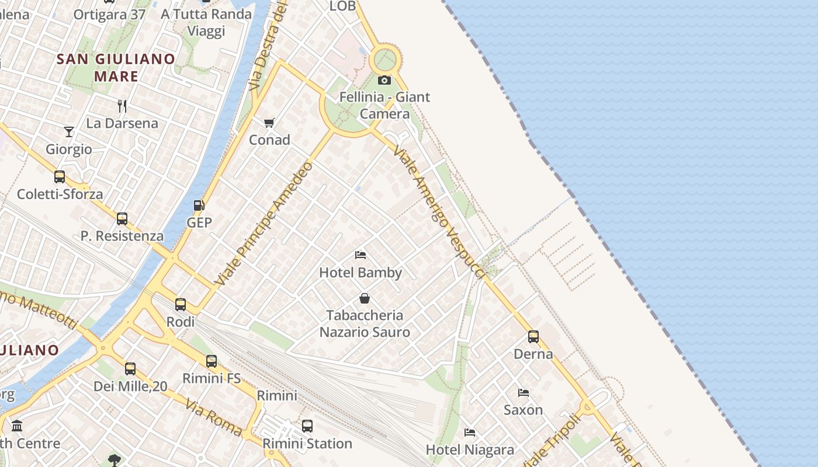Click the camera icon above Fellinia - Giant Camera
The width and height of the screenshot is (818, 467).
384,80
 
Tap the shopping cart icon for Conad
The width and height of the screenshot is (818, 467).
269,123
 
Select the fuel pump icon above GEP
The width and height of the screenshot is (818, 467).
199,205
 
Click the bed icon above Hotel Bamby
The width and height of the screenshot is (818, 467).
361,255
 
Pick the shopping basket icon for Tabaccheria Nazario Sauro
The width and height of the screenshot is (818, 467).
365,298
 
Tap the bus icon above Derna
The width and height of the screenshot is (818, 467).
533,337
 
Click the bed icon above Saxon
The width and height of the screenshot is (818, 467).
524,393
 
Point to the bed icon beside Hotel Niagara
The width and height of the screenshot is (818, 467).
470,433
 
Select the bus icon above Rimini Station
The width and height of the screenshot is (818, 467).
307,426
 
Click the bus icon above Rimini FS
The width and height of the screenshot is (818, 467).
212,361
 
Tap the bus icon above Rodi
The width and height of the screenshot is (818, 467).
181,304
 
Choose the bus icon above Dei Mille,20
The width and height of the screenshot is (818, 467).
130,369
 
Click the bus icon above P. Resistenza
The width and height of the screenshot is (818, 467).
122,219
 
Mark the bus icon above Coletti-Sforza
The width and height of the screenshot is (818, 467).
60,177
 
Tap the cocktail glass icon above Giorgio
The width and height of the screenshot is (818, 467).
69,132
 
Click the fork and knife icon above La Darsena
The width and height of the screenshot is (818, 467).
122,106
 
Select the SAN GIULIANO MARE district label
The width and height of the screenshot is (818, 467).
116,67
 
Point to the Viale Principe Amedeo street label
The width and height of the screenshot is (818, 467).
264,224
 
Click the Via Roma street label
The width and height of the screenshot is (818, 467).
214,417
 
